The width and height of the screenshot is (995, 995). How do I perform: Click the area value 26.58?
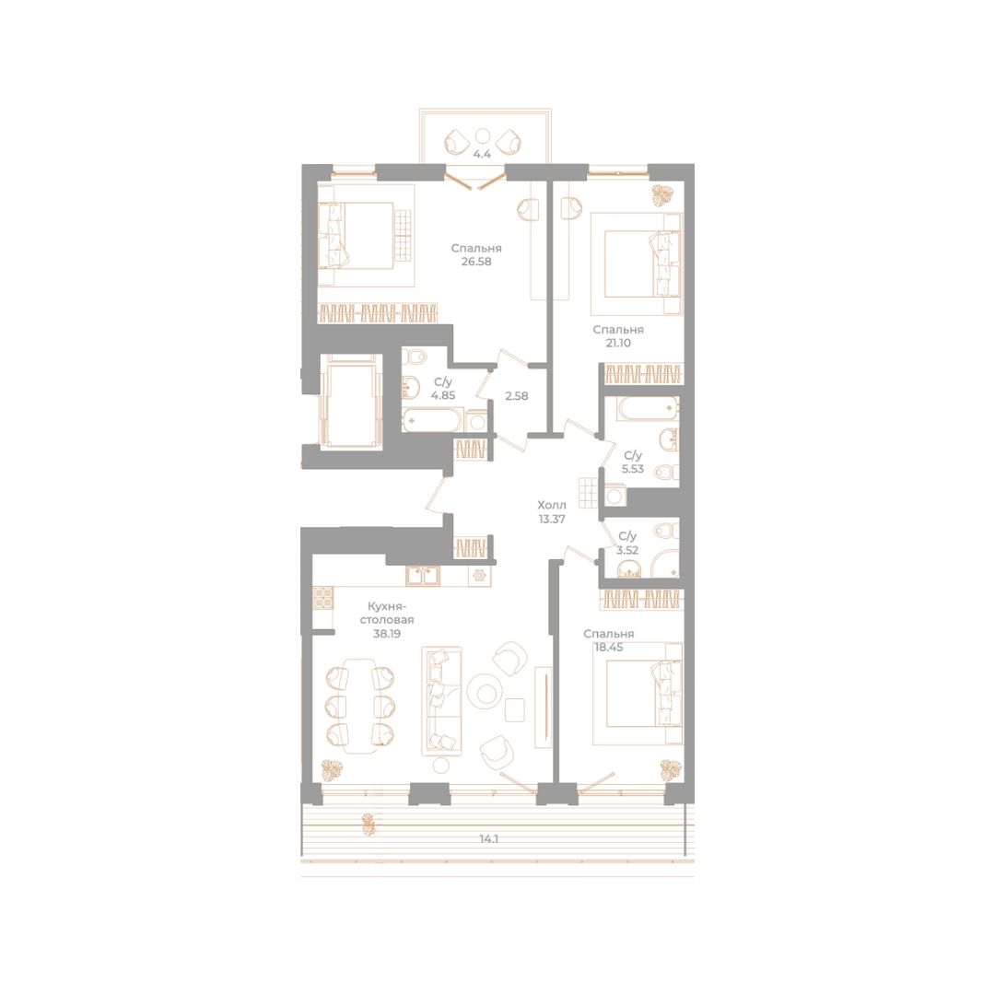click(476, 262)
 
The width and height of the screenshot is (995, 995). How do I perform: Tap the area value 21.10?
click(618, 344)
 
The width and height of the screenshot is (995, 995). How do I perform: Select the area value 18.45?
click(609, 648)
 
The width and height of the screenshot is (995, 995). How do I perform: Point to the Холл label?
click(552, 505)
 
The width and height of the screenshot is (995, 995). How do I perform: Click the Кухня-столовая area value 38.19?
click(386, 633)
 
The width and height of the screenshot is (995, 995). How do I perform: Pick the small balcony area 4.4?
click(482, 154)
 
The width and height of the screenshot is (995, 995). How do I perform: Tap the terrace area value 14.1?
click(488, 838)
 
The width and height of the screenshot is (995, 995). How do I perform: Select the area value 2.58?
click(516, 396)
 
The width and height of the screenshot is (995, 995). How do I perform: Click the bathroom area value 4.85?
click(443, 395)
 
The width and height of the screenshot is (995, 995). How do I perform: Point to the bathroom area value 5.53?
click(633, 469)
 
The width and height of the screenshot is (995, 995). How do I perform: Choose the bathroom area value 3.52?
click(627, 550)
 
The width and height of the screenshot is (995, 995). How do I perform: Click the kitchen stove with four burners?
click(323, 598)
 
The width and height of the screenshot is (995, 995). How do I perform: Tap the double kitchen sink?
click(422, 576)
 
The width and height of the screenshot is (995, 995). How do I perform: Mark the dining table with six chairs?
click(359, 704)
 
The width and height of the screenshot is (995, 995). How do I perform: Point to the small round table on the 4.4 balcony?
click(482, 135)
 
